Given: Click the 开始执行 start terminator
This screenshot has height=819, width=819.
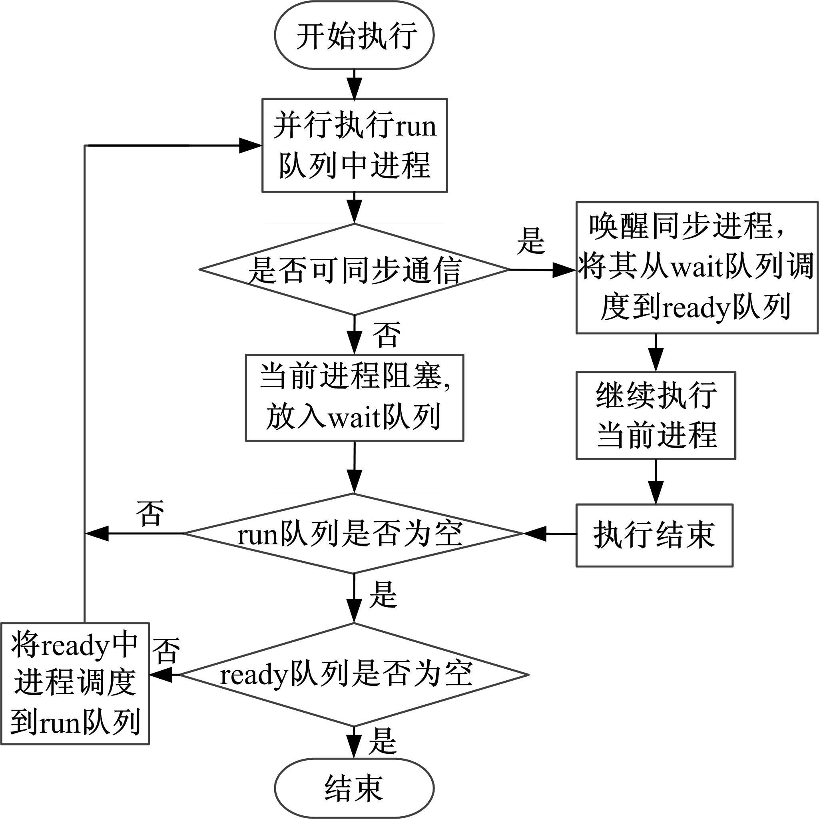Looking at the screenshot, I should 355,36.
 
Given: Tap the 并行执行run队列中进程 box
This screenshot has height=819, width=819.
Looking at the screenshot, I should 355,145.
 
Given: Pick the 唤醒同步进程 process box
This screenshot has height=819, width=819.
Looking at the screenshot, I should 696,267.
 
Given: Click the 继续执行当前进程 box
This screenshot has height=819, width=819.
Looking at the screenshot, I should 656,415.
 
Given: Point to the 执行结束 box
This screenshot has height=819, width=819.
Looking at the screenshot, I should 654,535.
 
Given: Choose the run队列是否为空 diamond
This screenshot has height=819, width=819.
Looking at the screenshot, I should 353,534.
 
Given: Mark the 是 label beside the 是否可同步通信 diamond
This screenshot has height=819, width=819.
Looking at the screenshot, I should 530,241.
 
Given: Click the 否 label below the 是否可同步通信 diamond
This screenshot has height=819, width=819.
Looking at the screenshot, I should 386,335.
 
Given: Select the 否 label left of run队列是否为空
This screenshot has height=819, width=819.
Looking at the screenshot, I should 150,513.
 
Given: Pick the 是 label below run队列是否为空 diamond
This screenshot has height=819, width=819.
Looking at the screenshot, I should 383,595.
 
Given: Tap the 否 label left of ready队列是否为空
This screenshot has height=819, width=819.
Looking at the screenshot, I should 166,651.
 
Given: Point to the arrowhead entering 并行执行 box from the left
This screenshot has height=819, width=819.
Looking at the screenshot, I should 251,145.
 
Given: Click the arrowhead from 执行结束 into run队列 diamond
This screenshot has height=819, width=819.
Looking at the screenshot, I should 534,534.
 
